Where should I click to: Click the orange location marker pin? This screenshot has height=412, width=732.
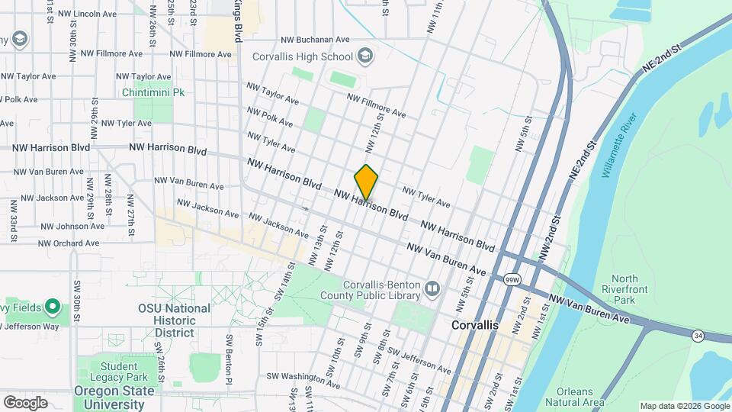366,182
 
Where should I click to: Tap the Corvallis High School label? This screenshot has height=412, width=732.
304,56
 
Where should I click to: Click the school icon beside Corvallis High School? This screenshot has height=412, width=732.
365,56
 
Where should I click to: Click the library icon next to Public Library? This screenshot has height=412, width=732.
432,288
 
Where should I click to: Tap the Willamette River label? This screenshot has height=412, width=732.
618,145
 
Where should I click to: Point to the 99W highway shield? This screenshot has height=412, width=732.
512,280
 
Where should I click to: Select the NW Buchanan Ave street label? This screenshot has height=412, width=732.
314,40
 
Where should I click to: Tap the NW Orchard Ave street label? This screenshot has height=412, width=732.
69,243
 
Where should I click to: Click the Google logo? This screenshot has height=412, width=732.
25,402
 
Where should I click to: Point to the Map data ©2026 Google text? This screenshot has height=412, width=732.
683,406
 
